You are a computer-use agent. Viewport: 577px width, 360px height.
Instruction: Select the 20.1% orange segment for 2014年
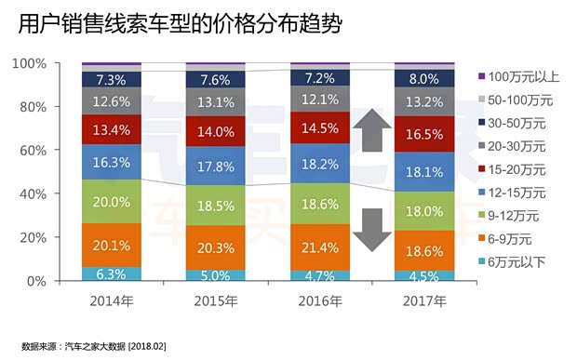pos(112,246)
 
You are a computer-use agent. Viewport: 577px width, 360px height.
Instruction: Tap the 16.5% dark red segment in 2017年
pos(425,135)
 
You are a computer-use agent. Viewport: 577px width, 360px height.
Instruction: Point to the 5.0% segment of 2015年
pos(216,274)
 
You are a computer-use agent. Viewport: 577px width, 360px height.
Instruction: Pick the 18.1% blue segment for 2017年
pos(425,172)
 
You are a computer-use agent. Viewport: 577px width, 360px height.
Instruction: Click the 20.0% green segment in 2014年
pos(112,202)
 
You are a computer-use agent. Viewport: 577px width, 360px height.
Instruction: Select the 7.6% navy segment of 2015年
pos(216,79)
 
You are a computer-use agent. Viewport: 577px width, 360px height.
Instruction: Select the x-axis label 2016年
pos(320,302)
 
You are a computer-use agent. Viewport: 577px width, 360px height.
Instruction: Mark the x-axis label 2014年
pos(112,302)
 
